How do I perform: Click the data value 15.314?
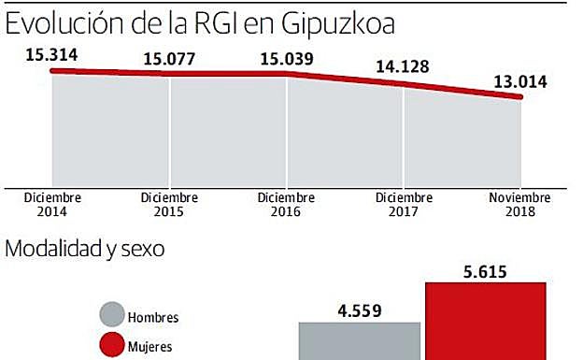[52, 54]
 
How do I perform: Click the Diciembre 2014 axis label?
[53, 205]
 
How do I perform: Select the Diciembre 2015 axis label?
[169, 205]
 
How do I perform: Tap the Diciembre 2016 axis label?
[286, 205]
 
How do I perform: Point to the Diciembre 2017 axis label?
[404, 205]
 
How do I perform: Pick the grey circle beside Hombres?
[111, 317]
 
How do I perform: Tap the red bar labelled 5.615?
[486, 323]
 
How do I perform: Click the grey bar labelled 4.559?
[360, 340]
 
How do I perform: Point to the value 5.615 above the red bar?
[486, 274]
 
